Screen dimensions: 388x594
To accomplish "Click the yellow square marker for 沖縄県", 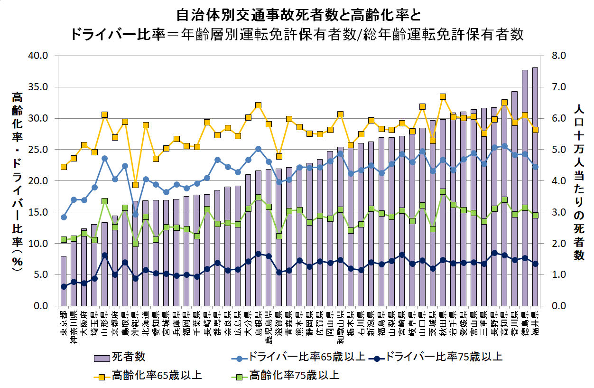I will [136, 185].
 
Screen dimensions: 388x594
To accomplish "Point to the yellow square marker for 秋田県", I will [443, 97].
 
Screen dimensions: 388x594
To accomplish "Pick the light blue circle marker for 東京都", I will [64, 217].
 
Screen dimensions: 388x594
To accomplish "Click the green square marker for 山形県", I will [105, 201].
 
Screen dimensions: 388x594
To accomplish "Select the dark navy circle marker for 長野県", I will [494, 253].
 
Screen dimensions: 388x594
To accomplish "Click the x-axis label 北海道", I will [146, 323].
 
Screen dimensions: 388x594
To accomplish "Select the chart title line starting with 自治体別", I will [298, 15].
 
